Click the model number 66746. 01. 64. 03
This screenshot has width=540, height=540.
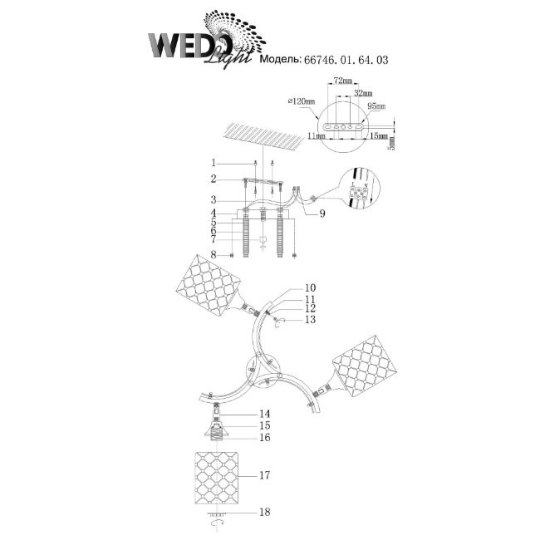pos(346,60)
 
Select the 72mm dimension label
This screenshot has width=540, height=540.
pos(341,81)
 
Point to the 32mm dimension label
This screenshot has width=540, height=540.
pos(363,93)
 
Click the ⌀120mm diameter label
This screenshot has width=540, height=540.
pos(302,101)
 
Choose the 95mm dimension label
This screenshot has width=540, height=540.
pos(376,106)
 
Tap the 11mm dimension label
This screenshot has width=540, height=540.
pos(317,136)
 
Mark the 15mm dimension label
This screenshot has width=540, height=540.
pos(379,135)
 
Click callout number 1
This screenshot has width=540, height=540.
pos(214,163)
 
